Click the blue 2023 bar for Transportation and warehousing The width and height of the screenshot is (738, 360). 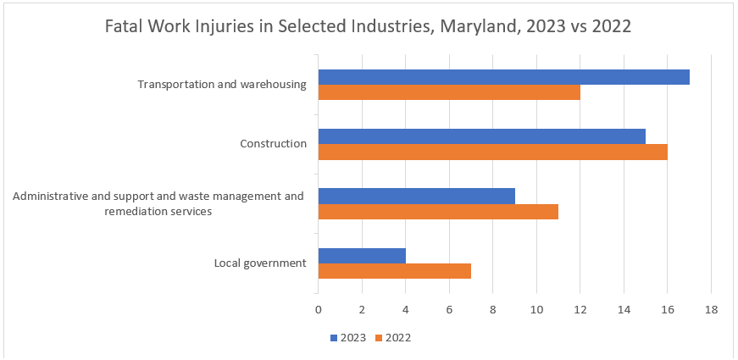tap(503, 77)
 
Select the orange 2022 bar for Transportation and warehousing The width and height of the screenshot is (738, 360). tap(449, 92)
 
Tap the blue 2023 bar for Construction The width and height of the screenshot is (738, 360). tap(481, 136)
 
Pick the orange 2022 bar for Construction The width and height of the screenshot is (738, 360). tap(492, 152)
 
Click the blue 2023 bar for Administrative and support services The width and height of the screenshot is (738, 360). tap(416, 196)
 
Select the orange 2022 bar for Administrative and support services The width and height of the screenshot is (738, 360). tap(438, 211)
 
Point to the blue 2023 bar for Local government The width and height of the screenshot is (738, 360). tap(362, 255)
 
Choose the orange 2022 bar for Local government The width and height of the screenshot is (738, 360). tap(394, 270)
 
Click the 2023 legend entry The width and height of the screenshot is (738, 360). tap(348, 337)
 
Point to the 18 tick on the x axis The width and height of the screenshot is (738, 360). tap(711, 310)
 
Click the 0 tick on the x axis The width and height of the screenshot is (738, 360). tap(319, 310)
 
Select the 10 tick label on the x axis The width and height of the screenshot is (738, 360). tap(536, 310)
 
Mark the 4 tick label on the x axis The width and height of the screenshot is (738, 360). tap(406, 310)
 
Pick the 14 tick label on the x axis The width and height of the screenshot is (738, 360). tap(624, 310)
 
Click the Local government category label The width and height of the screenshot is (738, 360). tap(260, 263)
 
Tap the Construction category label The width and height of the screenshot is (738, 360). tap(273, 143)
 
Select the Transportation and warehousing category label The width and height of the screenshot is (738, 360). tap(222, 85)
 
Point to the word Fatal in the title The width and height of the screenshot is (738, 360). tap(124, 26)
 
